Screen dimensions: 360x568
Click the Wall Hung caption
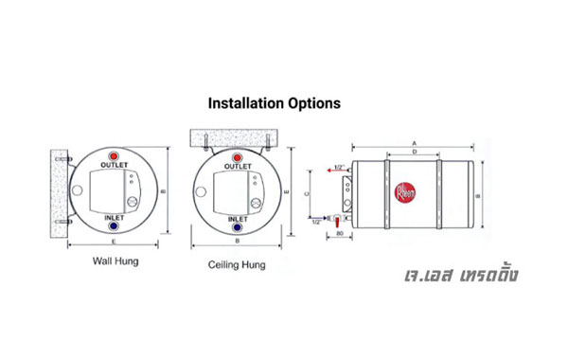pyautogui.click(x=115, y=260)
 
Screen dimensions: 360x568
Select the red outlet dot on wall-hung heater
pyautogui.click(x=115, y=155)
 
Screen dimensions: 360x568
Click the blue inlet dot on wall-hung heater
pyautogui.click(x=115, y=227)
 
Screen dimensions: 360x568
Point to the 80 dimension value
pyautogui.click(x=338, y=233)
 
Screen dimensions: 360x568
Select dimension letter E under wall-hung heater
pyautogui.click(x=115, y=243)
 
